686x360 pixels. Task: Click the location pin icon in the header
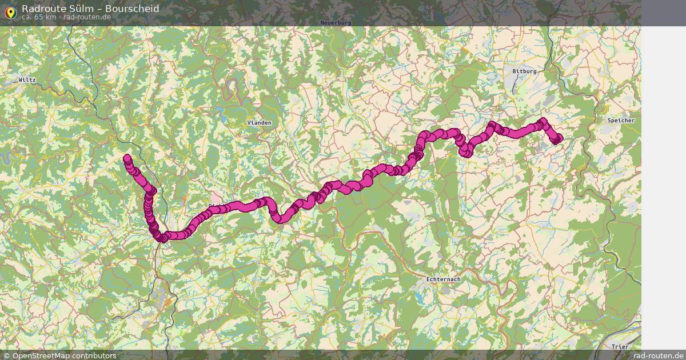click(x=10, y=12)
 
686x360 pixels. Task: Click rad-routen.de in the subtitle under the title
click(x=87, y=17)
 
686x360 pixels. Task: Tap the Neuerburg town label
click(x=336, y=22)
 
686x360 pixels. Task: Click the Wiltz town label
click(x=27, y=80)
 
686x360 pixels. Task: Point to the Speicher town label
click(x=621, y=121)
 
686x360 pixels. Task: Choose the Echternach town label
click(x=444, y=279)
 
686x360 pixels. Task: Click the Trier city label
click(x=620, y=347)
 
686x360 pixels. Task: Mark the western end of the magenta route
click(x=127, y=158)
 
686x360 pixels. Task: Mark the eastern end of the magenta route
click(x=557, y=138)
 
